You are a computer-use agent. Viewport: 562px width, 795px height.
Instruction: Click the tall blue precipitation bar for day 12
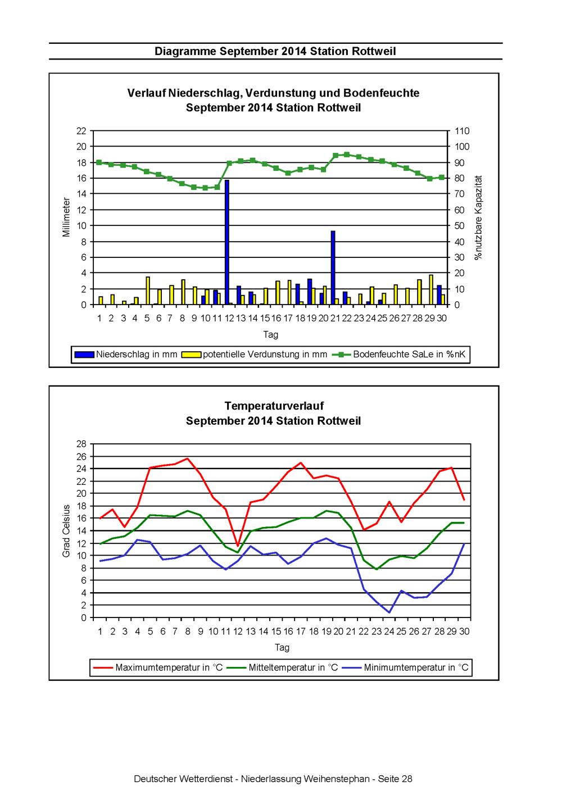tap(227, 242)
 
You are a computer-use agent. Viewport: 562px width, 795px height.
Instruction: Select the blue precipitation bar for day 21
tap(333, 267)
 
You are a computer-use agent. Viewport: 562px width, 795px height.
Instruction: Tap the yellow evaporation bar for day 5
tap(148, 290)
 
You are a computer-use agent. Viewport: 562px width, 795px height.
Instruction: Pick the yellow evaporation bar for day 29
tap(431, 289)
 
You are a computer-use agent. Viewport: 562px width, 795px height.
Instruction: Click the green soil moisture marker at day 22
tap(347, 155)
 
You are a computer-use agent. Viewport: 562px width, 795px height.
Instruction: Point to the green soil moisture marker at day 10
tap(205, 188)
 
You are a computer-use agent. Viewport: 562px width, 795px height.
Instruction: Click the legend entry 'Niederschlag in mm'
tap(126, 354)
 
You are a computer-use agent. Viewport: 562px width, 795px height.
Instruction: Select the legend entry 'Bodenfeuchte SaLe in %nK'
tap(399, 354)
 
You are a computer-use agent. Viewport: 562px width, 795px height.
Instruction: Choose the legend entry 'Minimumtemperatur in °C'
tap(405, 667)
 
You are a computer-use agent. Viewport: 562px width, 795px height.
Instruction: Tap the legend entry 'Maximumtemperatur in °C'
tap(158, 667)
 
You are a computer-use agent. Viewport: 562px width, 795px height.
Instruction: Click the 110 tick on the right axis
tap(462, 131)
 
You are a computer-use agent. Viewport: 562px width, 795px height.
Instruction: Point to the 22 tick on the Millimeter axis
tap(81, 131)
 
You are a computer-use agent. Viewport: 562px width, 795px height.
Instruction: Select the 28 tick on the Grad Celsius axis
tap(81, 444)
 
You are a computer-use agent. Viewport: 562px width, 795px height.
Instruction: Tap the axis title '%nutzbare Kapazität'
tap(478, 218)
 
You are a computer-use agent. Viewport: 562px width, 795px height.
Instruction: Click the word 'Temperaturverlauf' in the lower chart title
tap(274, 406)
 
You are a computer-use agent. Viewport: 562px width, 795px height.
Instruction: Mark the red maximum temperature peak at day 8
tap(188, 458)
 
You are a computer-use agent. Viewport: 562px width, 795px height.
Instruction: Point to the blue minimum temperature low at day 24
tap(389, 612)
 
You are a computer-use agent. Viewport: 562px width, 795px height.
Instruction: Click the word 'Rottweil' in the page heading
tap(374, 51)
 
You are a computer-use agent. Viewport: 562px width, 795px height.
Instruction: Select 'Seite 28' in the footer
tap(395, 779)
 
